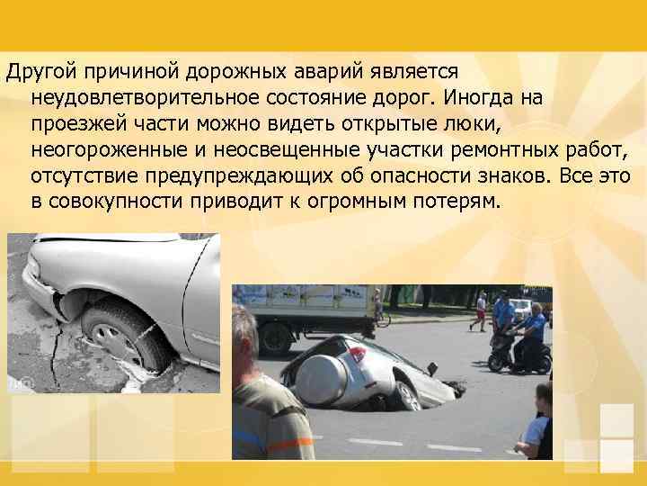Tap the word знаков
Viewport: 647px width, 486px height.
coord(491,172)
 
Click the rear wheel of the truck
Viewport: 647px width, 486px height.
coord(276,338)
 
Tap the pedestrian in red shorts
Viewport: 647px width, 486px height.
coord(483,310)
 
